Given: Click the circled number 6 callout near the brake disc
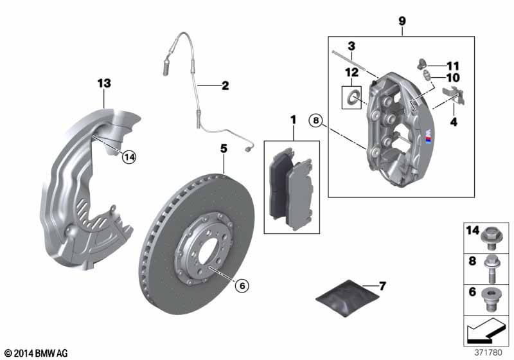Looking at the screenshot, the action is tap(242, 285).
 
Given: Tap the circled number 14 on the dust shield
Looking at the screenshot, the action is tap(130, 157).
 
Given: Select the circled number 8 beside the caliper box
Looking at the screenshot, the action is tap(315, 121).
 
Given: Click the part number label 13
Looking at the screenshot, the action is tap(104, 84).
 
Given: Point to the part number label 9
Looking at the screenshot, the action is tap(402, 21).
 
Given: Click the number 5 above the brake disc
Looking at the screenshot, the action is tap(224, 149).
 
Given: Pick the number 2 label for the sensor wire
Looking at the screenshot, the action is tap(226, 85).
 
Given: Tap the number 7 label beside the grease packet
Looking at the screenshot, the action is tap(382, 286).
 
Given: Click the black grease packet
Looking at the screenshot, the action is tap(347, 298).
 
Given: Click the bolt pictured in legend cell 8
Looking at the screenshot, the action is tap(491, 269).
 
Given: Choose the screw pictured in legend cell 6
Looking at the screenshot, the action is tap(490, 300).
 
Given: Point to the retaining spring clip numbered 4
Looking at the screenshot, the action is tap(454, 95).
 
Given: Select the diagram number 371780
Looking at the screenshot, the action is tap(488, 352).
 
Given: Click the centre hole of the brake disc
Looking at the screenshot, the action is tap(207, 251).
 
